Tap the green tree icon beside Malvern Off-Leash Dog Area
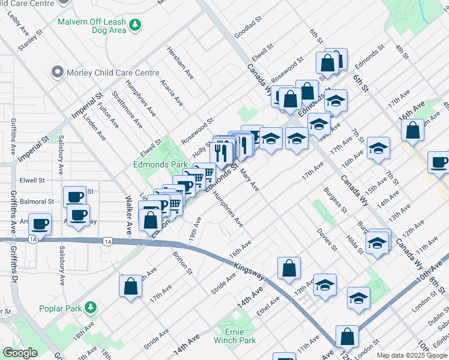(x=137, y=25)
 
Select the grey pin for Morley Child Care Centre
(x=58, y=73)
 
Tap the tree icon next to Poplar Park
(x=91, y=308)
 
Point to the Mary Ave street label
(x=249, y=180)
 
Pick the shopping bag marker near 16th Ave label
(x=412, y=131)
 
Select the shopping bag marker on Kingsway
(x=289, y=269)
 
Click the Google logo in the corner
(x=20, y=353)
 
